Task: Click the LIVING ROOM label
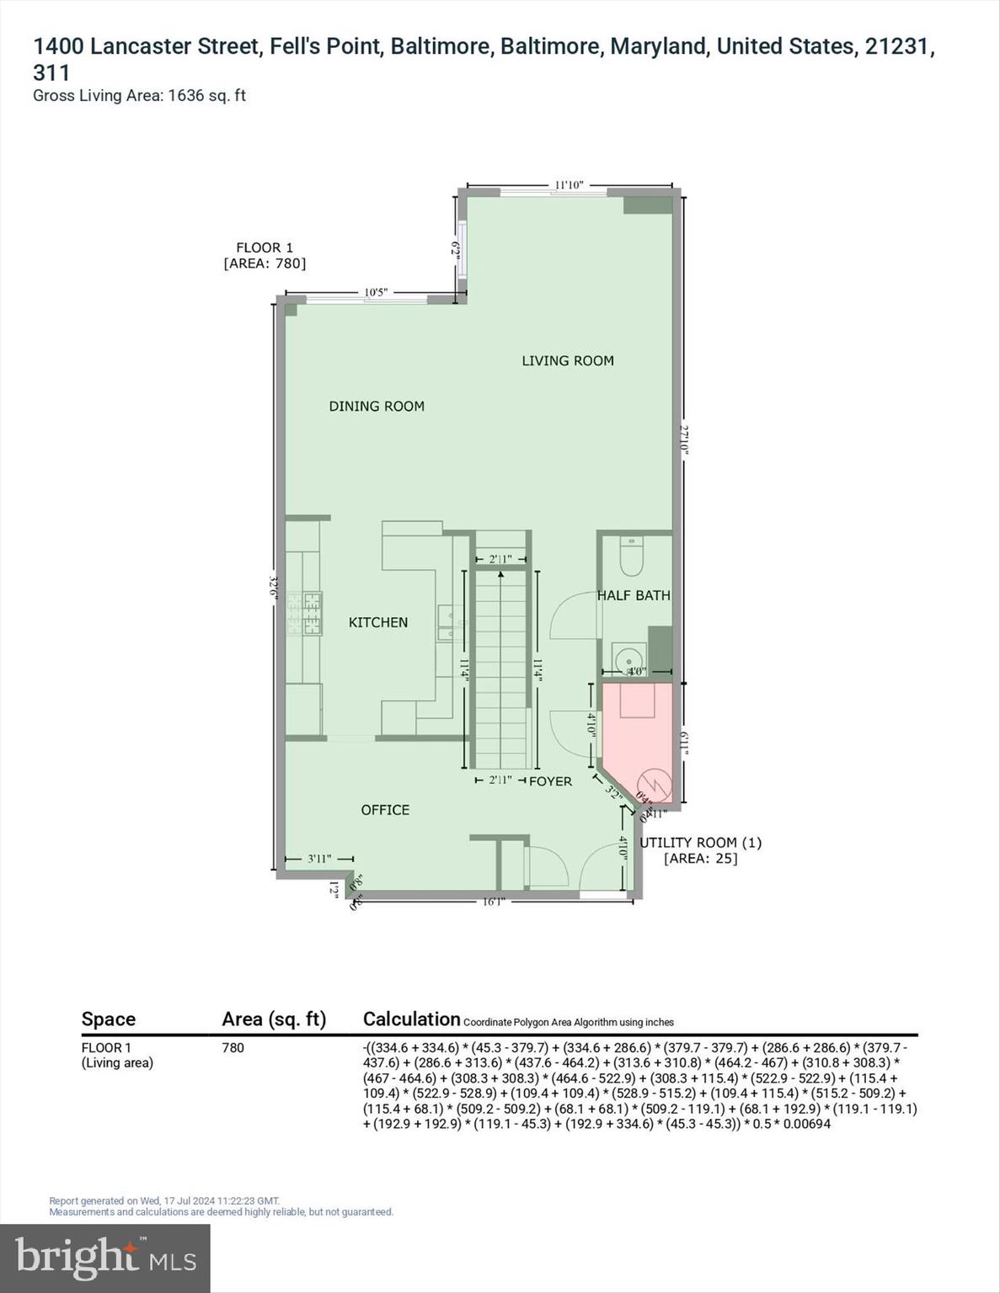coord(567,360)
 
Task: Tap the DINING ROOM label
coord(377,406)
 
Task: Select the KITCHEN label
coord(378,622)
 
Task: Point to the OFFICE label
coord(385,810)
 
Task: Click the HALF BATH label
coord(634,595)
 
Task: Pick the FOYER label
coord(550,781)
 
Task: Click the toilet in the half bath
coord(631,556)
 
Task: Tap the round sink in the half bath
coord(626,658)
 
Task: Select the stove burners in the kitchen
coord(304,613)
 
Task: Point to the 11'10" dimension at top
coord(569,185)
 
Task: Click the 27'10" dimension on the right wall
coord(685,439)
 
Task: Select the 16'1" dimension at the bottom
coord(494,902)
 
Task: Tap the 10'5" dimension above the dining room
coord(376,292)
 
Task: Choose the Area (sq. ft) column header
coord(274,1019)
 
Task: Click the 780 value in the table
coord(233,1048)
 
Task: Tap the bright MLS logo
coord(105,1258)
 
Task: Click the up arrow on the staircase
coord(500,574)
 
